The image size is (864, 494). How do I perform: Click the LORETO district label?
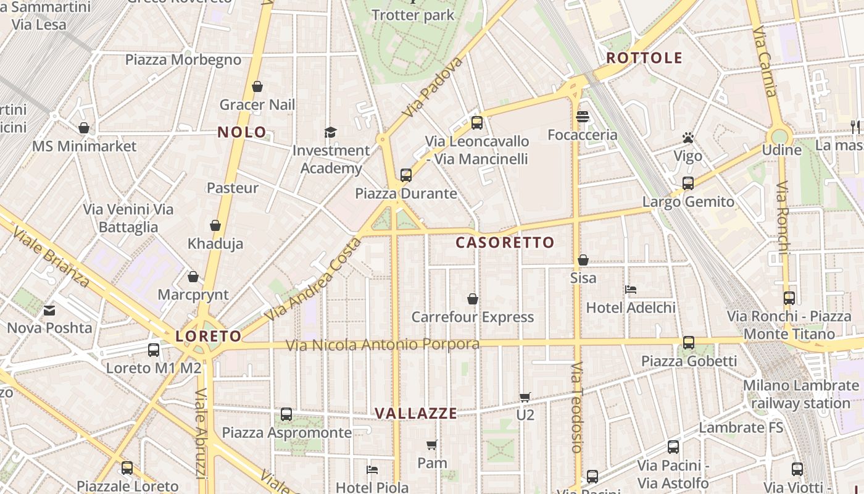pyautogui.click(x=208, y=337)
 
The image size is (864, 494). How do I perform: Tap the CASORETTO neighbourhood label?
pyautogui.click(x=505, y=243)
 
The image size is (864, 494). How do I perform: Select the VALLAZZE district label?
pyautogui.click(x=416, y=414)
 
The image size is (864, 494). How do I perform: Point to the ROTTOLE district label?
pyautogui.click(x=644, y=58)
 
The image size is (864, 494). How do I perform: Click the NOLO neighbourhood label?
pyautogui.click(x=242, y=132)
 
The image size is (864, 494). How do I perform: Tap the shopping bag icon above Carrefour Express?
pyautogui.click(x=473, y=299)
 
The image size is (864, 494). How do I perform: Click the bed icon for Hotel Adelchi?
pyautogui.click(x=631, y=289)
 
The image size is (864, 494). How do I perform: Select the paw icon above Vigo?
pyautogui.click(x=688, y=138)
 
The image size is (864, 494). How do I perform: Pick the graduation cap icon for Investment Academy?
pyautogui.click(x=331, y=132)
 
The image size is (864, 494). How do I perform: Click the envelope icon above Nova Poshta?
pyautogui.click(x=49, y=310)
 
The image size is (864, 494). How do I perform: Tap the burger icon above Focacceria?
pyautogui.click(x=583, y=116)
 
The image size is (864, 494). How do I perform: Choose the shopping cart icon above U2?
pyautogui.click(x=525, y=397)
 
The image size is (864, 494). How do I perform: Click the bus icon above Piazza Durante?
pyautogui.click(x=405, y=175)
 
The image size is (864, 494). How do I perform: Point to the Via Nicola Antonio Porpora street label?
pyautogui.click(x=382, y=345)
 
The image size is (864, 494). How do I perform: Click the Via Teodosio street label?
pyautogui.click(x=576, y=407)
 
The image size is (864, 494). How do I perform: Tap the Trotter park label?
pyautogui.click(x=413, y=15)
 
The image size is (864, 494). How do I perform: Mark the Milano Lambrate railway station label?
pyautogui.click(x=800, y=395)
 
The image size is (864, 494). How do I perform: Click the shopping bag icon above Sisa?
pyautogui.click(x=583, y=260)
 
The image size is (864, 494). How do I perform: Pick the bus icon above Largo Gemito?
pyautogui.click(x=688, y=183)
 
